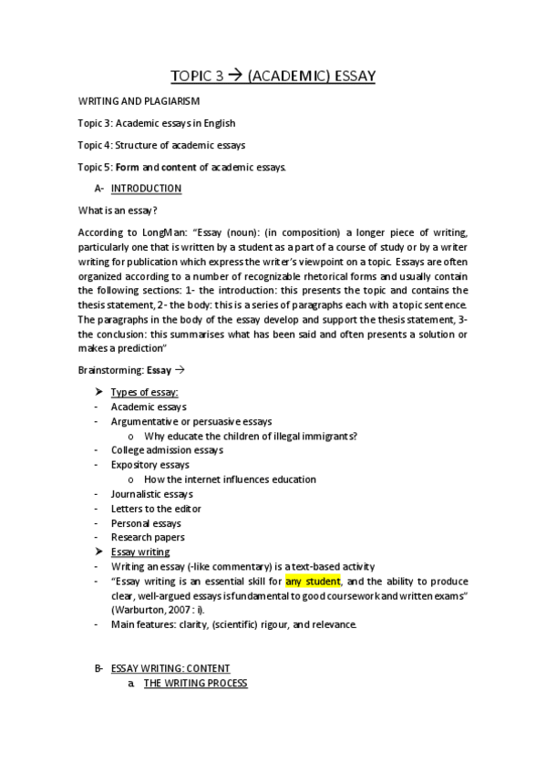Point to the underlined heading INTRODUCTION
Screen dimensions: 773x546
(x=146, y=189)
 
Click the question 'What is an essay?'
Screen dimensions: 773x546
(x=118, y=211)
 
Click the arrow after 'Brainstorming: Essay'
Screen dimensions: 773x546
(x=179, y=370)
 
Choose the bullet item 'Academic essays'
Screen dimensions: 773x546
(x=149, y=407)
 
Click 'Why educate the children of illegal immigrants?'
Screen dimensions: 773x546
(x=251, y=436)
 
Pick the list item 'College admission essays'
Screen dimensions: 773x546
(x=167, y=450)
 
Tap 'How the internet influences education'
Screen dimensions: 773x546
(x=230, y=479)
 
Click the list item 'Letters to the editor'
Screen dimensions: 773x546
(x=156, y=509)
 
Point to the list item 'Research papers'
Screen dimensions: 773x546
(x=146, y=538)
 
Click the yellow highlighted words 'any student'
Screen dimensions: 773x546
(x=313, y=582)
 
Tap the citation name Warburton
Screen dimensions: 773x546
(x=142, y=610)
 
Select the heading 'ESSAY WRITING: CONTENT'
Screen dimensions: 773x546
(x=170, y=668)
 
